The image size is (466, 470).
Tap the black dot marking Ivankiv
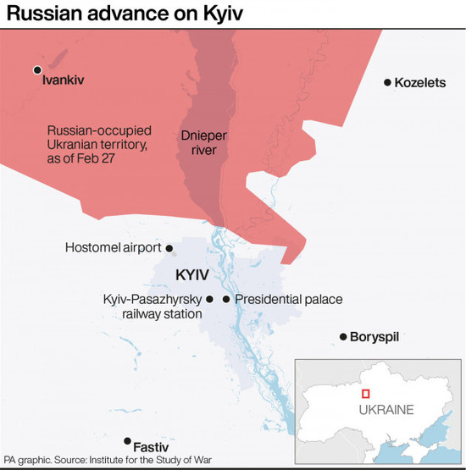[36, 70]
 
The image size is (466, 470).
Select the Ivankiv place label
[64, 82]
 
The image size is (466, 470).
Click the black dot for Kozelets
[387, 82]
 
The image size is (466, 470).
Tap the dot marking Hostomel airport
[169, 248]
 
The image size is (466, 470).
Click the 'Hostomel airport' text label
[114, 248]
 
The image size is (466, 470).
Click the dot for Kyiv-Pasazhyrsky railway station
[209, 299]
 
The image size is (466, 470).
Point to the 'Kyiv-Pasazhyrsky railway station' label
[152, 307]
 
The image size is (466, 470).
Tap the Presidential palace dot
[226, 299]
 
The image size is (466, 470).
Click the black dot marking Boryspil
[343, 337]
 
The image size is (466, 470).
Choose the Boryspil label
[375, 337]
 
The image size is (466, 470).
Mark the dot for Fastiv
[127, 440]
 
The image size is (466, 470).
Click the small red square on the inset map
[366, 393]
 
